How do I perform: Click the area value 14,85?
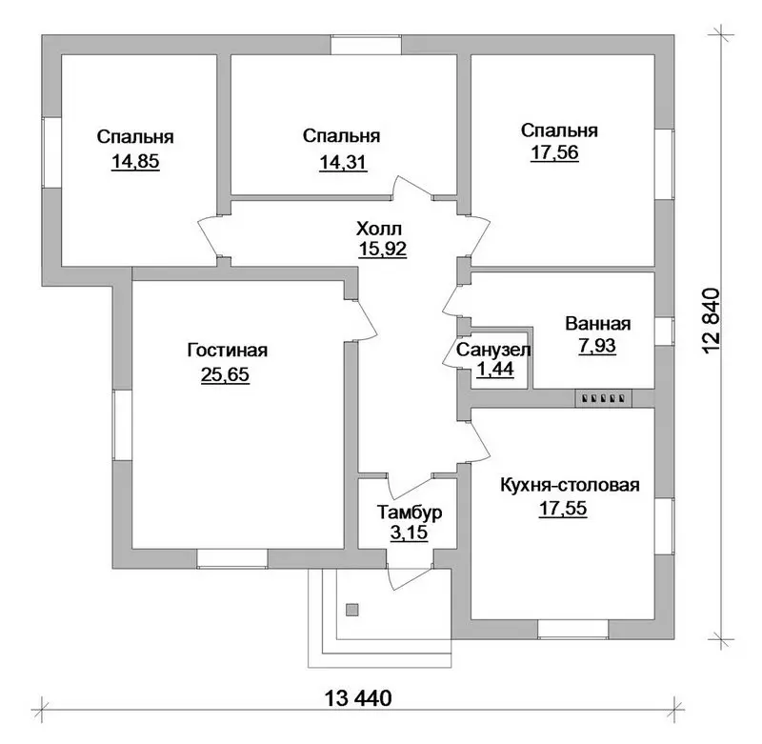(135, 161)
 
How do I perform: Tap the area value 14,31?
(343, 162)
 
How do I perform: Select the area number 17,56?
(554, 152)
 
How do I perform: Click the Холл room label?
(379, 228)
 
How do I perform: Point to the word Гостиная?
(228, 350)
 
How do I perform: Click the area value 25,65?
(225, 374)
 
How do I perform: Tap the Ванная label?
(598, 324)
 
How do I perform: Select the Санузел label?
(493, 350)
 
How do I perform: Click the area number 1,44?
(495, 370)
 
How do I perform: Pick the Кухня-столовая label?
(570, 485)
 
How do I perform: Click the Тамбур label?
(410, 513)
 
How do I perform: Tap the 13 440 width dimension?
(358, 699)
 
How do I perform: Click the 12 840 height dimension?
(711, 321)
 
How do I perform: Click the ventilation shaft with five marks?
(604, 398)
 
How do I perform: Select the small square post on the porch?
(352, 610)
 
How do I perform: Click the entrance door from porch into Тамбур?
(410, 574)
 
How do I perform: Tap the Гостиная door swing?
(364, 321)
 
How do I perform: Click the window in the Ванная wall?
(664, 332)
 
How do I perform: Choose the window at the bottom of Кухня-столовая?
(573, 630)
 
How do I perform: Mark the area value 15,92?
(383, 249)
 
